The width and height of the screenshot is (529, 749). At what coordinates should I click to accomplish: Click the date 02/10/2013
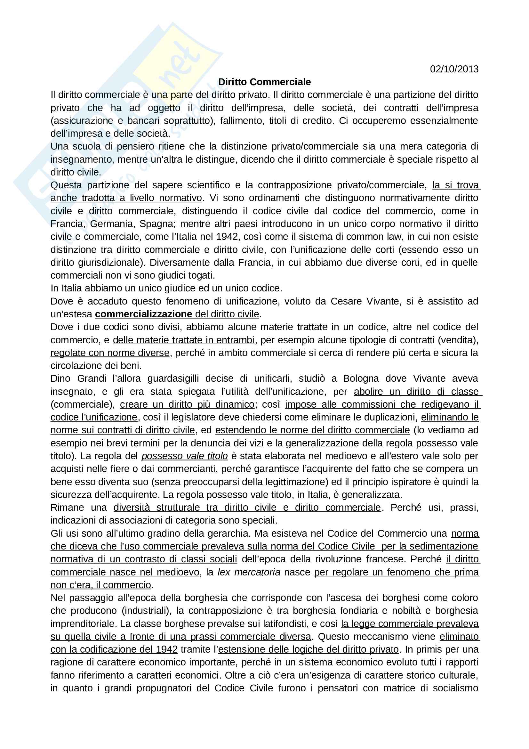point(454,69)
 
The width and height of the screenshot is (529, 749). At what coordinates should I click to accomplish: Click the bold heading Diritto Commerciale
point(264,82)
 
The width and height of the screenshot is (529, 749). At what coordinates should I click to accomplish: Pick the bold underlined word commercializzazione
point(143,314)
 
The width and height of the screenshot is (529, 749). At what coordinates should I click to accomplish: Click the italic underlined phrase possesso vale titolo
point(184,456)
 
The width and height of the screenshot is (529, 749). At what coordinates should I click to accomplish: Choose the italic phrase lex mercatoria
point(249,572)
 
